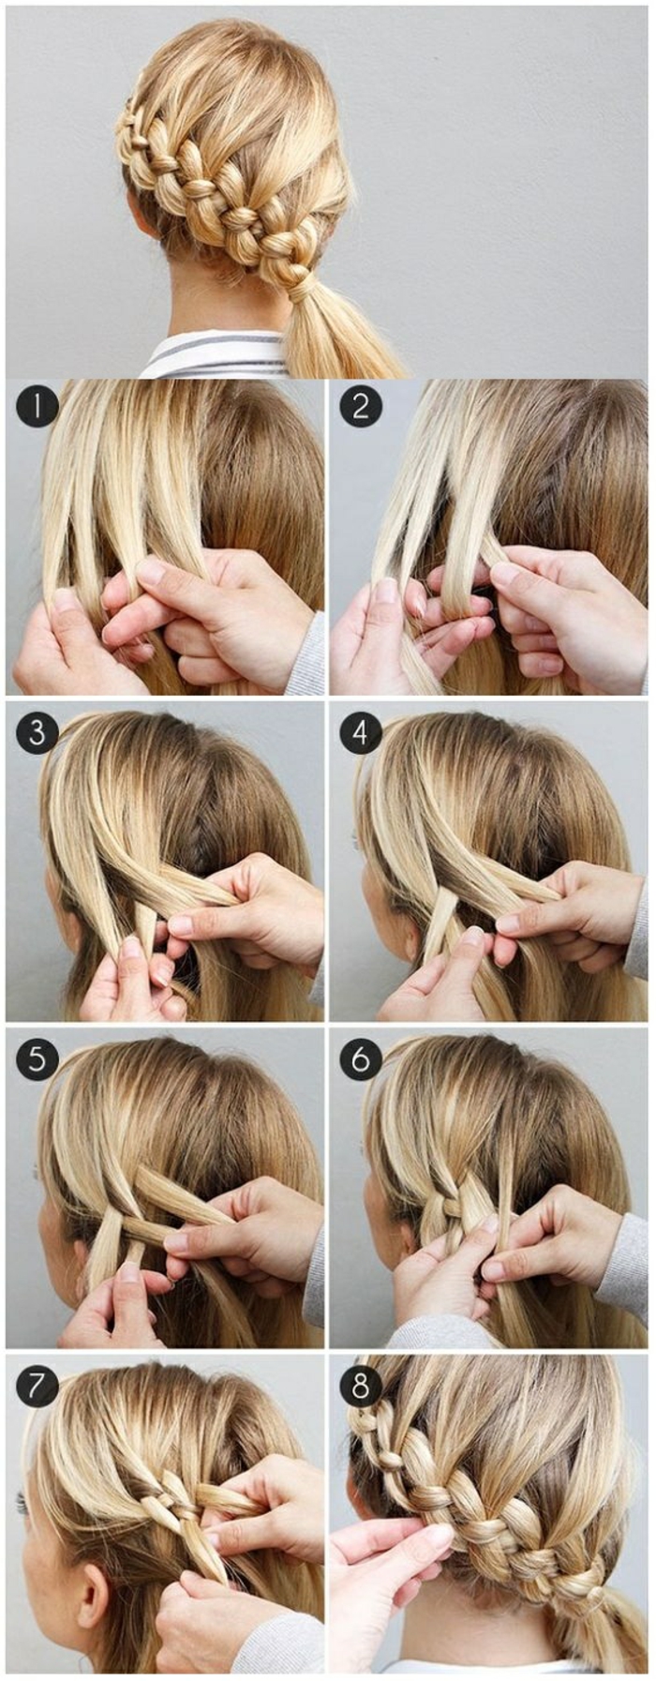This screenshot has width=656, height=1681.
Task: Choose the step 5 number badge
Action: coord(37,1058)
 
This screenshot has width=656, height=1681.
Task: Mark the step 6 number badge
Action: coord(361,1058)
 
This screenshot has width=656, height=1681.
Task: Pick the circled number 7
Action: coord(37,1385)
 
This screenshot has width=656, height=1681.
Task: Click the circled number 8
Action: coord(361,1385)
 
